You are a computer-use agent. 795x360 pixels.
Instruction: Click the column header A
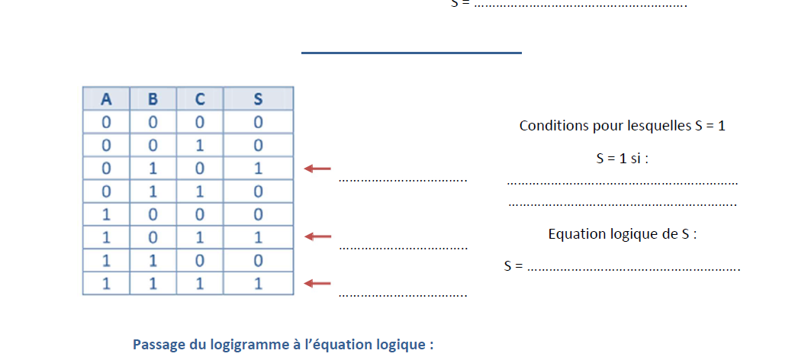point(106,99)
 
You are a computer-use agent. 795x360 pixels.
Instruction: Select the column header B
point(153,99)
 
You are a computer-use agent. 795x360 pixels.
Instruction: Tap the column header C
point(199,99)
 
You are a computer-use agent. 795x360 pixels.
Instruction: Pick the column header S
point(258,99)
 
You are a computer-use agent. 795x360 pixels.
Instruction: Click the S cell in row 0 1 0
point(258,168)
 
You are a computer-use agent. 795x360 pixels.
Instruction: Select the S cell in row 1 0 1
point(258,237)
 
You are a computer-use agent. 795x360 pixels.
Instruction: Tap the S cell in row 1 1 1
point(258,284)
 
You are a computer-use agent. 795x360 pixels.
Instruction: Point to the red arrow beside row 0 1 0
point(317,169)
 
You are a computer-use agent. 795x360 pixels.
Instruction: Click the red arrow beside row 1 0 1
point(317,237)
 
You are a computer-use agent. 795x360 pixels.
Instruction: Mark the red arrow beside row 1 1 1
point(317,284)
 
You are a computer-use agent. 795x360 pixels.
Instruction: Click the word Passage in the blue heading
point(159,344)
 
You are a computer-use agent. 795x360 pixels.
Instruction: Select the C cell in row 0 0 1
point(199,145)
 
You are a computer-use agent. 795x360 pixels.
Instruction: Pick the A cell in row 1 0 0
point(106,214)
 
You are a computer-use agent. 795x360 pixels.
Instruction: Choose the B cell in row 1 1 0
point(153,260)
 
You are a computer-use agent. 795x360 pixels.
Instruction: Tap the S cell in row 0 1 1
point(258,191)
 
